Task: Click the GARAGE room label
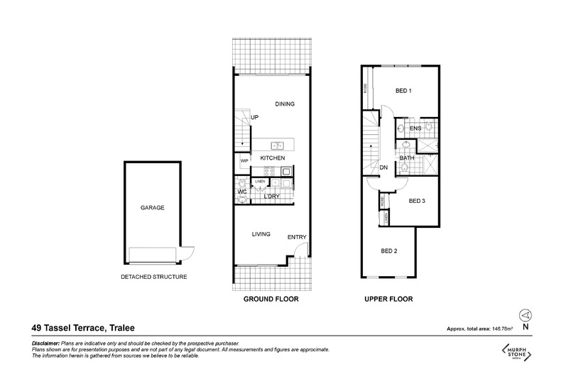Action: click(x=153, y=208)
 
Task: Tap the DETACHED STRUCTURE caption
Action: click(x=154, y=276)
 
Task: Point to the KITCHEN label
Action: click(x=272, y=158)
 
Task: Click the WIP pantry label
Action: click(x=244, y=161)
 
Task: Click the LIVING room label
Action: click(x=262, y=233)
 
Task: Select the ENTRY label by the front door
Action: click(x=297, y=237)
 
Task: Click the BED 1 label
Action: click(x=404, y=90)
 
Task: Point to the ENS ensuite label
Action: click(x=416, y=128)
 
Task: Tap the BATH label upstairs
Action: click(x=407, y=158)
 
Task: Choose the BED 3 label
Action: click(x=418, y=201)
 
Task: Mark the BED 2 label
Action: click(x=390, y=251)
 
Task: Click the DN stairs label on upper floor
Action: click(x=383, y=167)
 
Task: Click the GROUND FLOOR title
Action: click(x=271, y=299)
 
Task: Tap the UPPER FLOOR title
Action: click(x=389, y=299)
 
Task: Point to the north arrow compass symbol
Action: click(x=525, y=314)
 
